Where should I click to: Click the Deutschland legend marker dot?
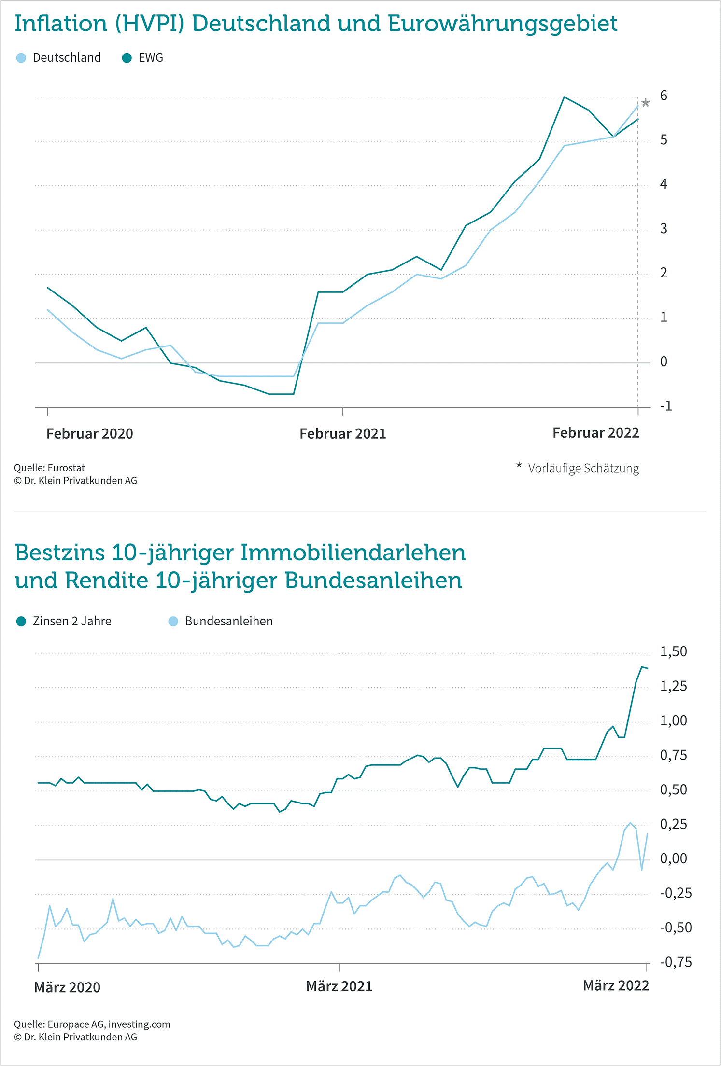[21, 58]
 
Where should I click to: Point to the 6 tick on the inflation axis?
[664, 96]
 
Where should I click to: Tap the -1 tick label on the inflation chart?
[665, 406]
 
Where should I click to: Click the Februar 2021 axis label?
[342, 433]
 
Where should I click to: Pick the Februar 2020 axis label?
[89, 433]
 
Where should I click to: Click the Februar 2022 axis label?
[595, 432]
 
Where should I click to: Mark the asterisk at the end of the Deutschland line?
[646, 103]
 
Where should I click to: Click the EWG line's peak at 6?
[564, 97]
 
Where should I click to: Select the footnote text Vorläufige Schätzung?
[583, 468]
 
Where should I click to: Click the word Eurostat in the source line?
[66, 468]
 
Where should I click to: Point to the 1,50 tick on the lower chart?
[673, 651]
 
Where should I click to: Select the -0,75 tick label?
[676, 962]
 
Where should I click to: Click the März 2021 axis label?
[339, 986]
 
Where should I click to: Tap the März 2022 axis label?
[616, 985]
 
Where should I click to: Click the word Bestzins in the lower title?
[59, 553]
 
